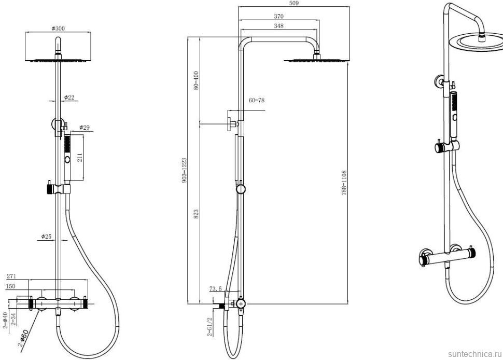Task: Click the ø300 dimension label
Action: [58, 28]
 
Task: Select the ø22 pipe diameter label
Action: [69, 97]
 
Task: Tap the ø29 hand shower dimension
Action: [85, 128]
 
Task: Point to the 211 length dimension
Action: [80, 157]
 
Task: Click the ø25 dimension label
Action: [46, 237]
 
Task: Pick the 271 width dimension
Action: [11, 276]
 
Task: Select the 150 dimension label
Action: [10, 286]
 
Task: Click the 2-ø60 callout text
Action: [23, 338]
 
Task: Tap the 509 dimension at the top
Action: [294, 3]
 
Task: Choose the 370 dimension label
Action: [278, 17]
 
